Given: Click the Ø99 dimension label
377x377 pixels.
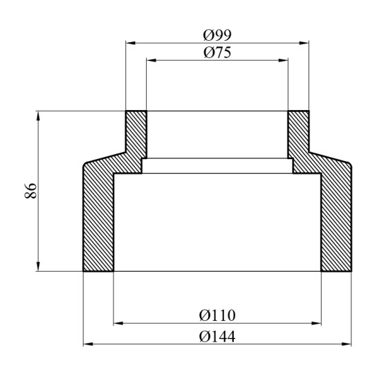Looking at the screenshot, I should coord(217,35).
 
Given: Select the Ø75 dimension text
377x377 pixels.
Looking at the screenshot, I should coord(217,53).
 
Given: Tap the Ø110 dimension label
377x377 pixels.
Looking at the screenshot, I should coord(217,315).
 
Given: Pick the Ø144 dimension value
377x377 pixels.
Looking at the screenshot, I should coord(217,336).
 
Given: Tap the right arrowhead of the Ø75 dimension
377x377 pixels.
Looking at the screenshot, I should coord(283,60).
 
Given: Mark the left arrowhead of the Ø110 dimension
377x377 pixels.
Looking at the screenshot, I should coord(117,322).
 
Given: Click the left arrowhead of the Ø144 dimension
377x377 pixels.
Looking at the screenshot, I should coord(87,344).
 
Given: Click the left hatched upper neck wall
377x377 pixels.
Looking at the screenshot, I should coord(136,135).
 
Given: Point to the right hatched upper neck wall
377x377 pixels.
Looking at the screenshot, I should coord(298,135).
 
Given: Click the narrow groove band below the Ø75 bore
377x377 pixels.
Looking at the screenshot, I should coord(217,166).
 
